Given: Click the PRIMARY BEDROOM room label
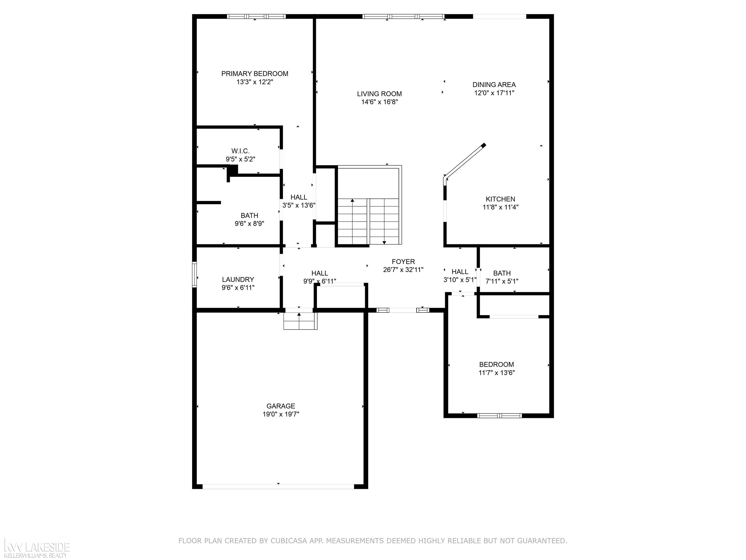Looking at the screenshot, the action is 255,74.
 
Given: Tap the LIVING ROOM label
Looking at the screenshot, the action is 379,94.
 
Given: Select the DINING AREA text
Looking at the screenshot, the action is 494,85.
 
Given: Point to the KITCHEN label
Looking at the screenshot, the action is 500,199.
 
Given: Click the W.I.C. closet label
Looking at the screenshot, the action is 240,151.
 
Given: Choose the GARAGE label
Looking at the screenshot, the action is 280,406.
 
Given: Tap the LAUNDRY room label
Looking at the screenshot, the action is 238,280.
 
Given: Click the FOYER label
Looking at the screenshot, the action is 403,262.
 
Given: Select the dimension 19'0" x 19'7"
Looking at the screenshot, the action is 281,414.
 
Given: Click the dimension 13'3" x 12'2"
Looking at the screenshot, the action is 255,82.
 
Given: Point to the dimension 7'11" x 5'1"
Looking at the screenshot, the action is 502,281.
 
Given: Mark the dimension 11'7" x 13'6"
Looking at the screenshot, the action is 497,373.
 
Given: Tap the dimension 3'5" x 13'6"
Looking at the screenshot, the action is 299,205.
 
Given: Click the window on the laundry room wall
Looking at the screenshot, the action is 194,275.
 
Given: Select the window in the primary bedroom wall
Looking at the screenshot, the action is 256,16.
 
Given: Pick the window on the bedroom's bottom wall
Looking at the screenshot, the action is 500,416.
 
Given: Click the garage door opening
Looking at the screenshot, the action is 278,486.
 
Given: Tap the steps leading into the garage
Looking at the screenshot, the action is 300,321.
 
